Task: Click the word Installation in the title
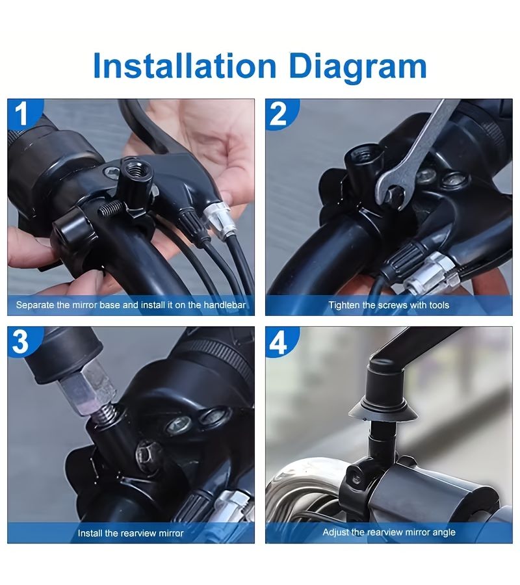tap(185, 66)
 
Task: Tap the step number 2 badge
tap(279, 114)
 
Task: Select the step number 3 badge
tap(21, 341)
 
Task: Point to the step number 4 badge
tap(279, 342)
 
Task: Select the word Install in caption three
tap(90, 533)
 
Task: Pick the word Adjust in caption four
tap(335, 532)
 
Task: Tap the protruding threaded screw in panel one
tap(111, 207)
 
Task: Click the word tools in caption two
tap(439, 305)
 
